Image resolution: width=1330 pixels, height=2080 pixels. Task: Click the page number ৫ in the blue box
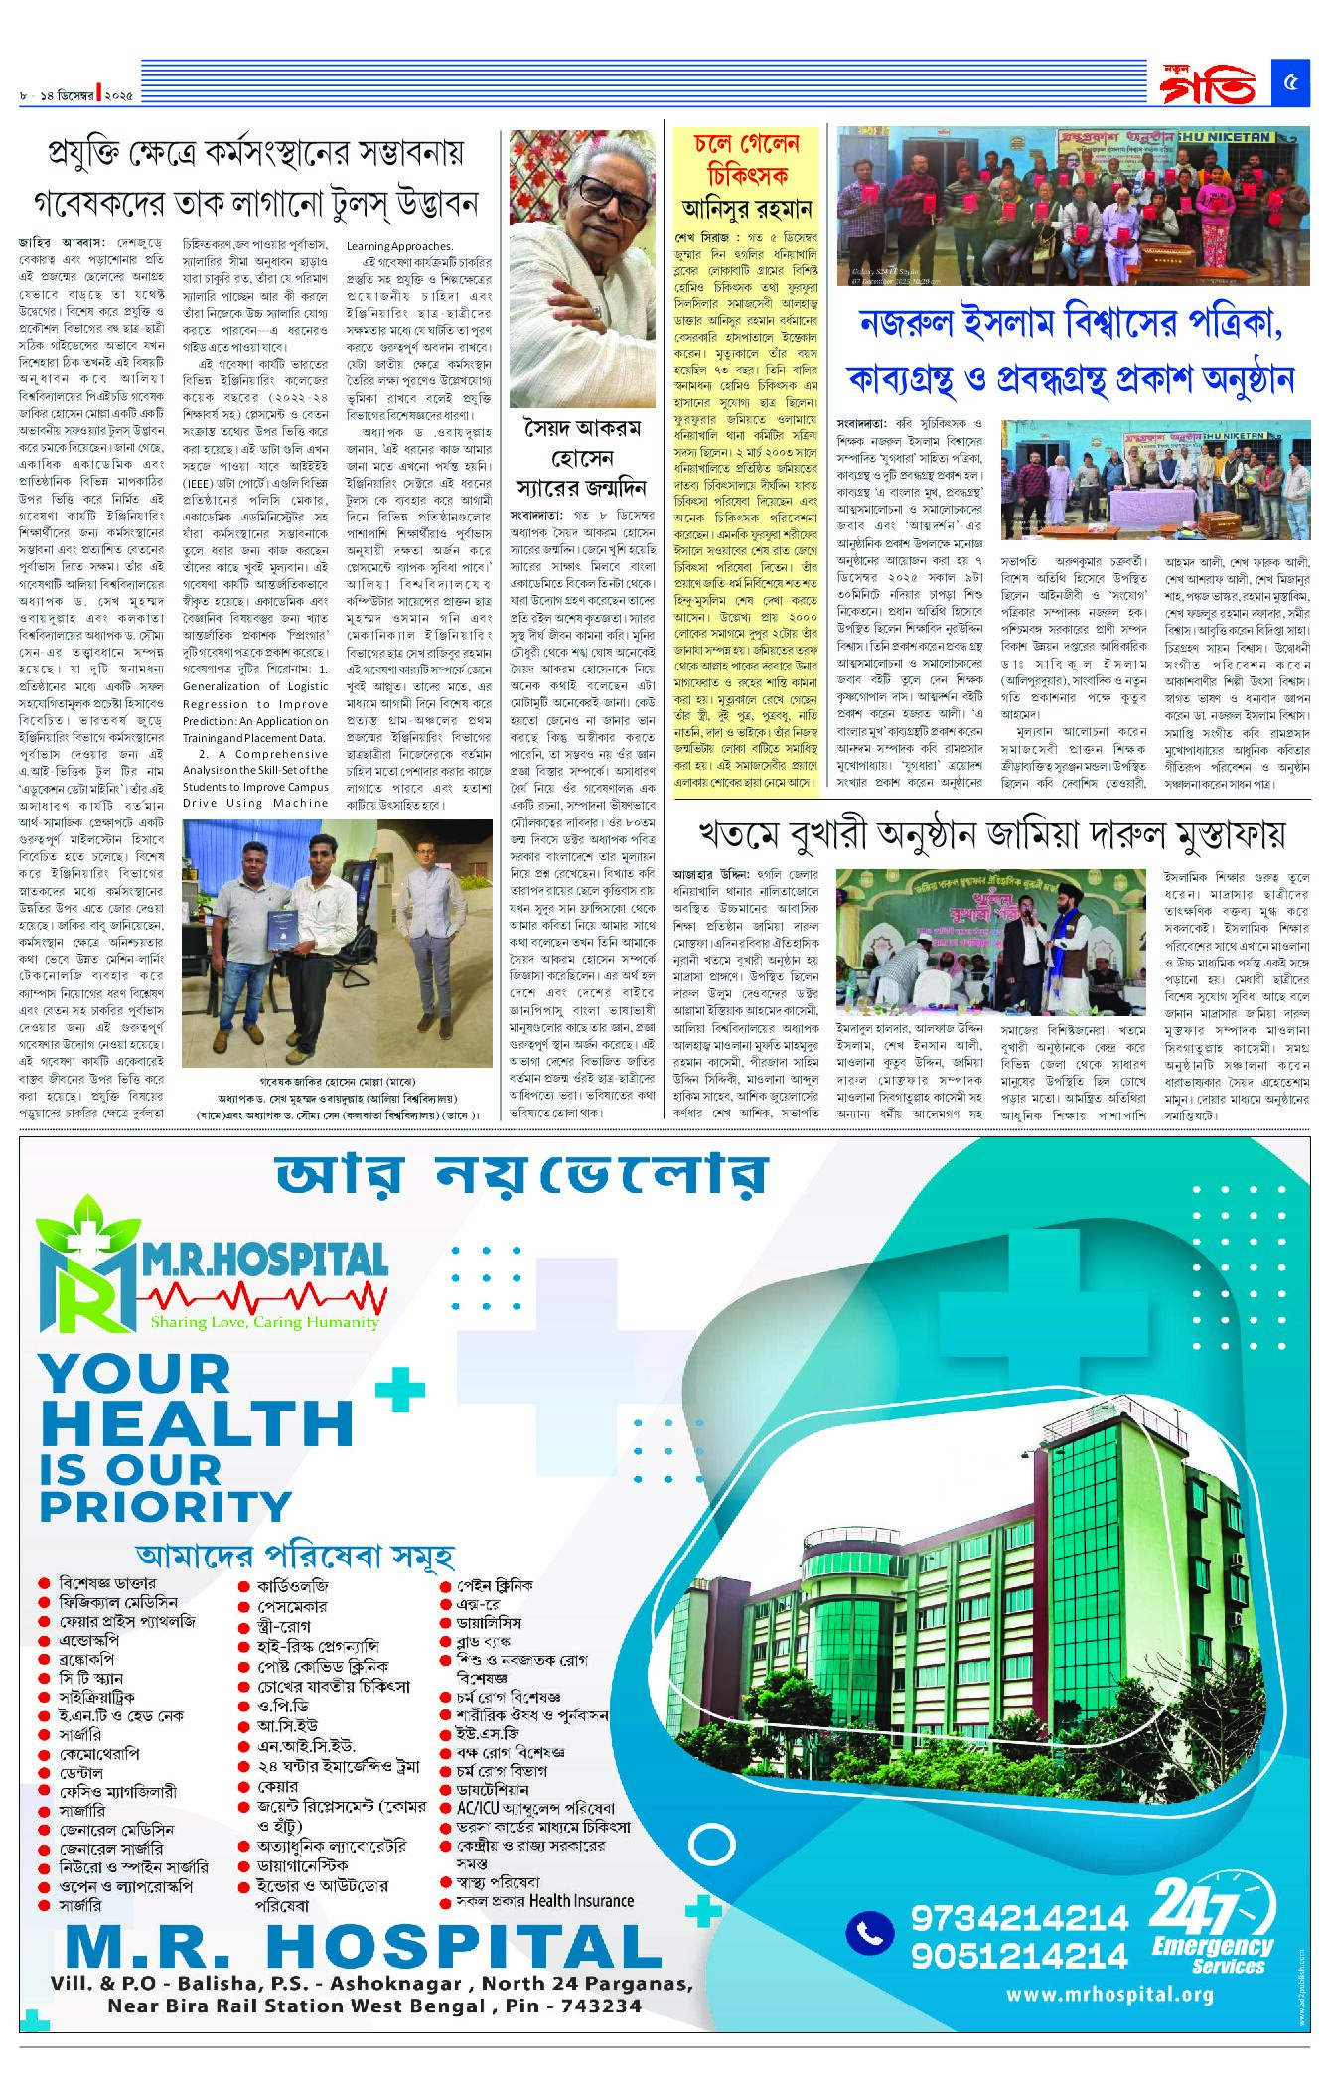(x=1290, y=83)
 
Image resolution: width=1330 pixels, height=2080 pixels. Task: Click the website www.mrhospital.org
(x=1108, y=1994)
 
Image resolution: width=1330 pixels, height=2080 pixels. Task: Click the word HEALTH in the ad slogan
(x=197, y=1423)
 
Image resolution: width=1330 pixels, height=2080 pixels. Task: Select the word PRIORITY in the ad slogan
(x=165, y=1507)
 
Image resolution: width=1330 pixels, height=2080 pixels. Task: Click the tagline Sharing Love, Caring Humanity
(x=264, y=1322)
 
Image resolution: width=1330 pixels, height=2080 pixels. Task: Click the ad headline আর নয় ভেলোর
(x=522, y=1175)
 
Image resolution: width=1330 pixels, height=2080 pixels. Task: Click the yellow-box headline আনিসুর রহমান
(x=747, y=209)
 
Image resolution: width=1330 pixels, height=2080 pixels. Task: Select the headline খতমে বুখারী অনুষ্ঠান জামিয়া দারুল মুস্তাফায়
(x=991, y=833)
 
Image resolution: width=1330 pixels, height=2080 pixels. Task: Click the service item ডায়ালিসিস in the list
(x=489, y=1622)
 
